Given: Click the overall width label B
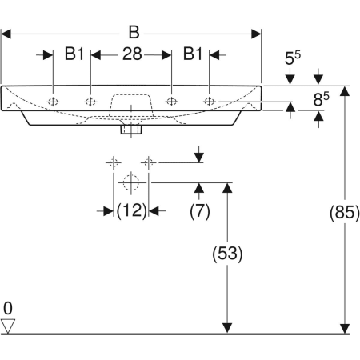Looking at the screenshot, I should [134, 33].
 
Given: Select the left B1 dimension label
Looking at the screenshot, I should [74, 54].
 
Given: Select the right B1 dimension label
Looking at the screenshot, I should [192, 54].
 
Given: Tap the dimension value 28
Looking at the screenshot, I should [132, 54].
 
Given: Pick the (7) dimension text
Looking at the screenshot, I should [199, 210].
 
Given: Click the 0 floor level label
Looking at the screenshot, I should [8, 308].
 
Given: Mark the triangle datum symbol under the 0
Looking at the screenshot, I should [9, 325].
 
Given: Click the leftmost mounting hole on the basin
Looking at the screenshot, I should [54, 102].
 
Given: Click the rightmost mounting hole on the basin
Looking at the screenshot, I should [210, 102].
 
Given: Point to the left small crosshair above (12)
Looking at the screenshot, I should [113, 163].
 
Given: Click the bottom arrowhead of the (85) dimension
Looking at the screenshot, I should [345, 327].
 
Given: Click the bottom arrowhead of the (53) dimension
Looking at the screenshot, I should [227, 327].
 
